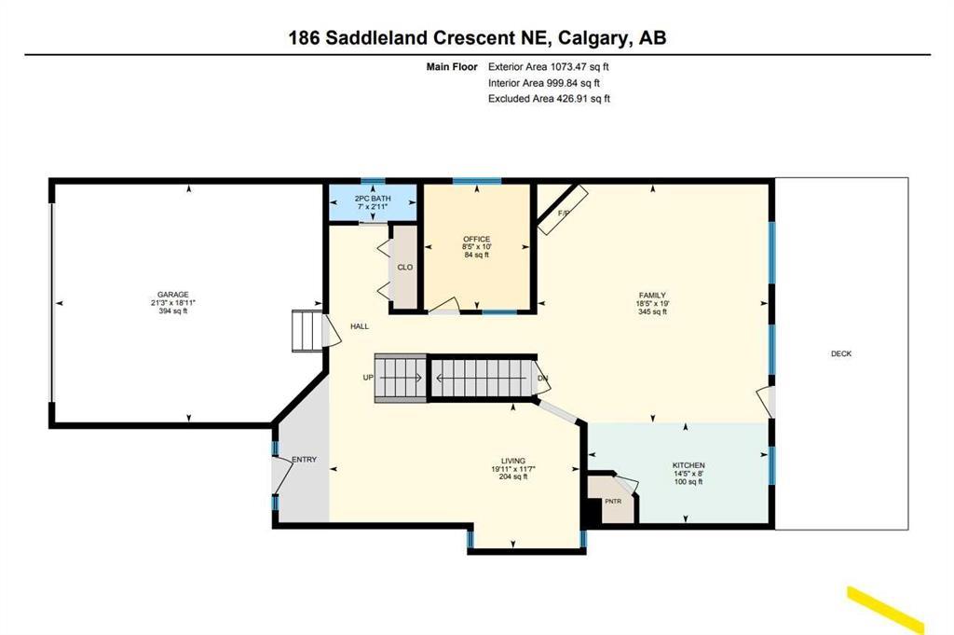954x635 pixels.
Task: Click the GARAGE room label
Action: point(172,294)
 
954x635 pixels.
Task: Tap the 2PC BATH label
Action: point(373,199)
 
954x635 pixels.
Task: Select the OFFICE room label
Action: point(476,240)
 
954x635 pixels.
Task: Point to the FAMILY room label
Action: point(652,296)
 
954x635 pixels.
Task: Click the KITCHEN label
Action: point(688,465)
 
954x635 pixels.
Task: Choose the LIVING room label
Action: point(513,461)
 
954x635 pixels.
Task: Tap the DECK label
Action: point(841,353)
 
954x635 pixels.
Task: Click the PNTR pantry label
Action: point(613,501)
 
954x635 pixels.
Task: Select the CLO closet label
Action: point(404,268)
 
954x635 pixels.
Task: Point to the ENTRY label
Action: point(305,460)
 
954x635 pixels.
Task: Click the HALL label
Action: point(360,326)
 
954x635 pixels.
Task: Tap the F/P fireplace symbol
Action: point(563,210)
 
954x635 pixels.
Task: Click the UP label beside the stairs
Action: point(368,378)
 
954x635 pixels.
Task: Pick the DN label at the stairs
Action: point(543,378)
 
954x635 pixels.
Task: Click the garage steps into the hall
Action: point(307,331)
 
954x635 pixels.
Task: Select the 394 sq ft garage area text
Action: point(172,311)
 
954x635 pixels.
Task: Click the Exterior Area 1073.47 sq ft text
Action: point(548,67)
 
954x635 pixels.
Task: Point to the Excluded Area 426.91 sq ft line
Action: point(549,99)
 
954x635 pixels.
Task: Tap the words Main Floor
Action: point(452,67)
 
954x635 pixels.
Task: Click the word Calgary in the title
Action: point(593,38)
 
